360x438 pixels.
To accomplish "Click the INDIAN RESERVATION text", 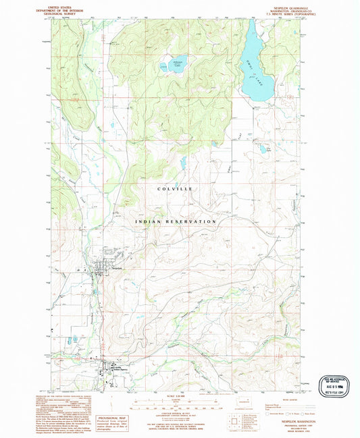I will [x=175, y=221].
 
